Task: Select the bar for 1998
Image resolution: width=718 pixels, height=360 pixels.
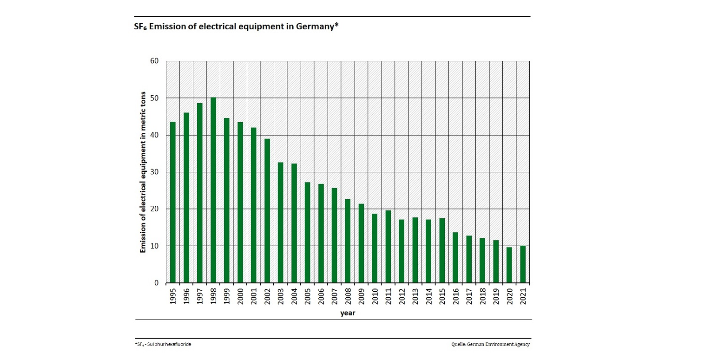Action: click(213, 190)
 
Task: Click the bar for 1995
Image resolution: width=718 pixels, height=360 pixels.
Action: click(173, 202)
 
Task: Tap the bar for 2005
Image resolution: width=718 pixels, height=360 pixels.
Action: click(308, 232)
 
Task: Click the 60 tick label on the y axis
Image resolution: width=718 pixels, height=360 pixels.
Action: click(154, 61)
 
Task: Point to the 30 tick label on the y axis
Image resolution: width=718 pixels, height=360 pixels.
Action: click(154, 172)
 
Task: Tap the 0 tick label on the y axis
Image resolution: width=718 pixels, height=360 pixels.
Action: click(157, 283)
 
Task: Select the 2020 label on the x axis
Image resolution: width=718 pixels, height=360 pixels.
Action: click(509, 295)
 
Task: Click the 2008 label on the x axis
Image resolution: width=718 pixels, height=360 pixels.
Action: click(348, 295)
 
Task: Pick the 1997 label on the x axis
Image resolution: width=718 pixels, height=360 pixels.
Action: click(200, 295)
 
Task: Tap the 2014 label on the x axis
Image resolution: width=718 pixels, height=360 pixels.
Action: click(429, 295)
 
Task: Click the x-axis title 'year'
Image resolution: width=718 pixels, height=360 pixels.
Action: click(348, 313)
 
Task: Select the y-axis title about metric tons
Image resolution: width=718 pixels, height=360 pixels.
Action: click(143, 172)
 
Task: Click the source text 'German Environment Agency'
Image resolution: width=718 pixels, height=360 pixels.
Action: click(501, 344)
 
